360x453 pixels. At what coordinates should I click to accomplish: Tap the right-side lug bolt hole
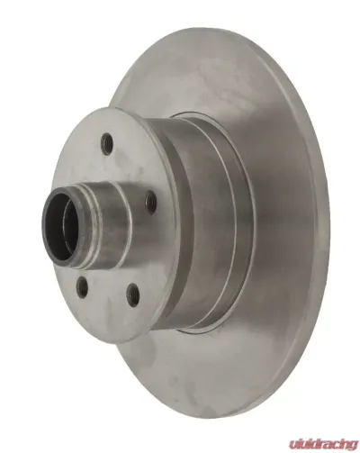pyautogui.click(x=150, y=203)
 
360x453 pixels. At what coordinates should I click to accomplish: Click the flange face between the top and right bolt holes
pyautogui.click(x=135, y=167)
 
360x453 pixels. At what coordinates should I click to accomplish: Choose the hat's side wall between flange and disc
pyautogui.click(x=193, y=225)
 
